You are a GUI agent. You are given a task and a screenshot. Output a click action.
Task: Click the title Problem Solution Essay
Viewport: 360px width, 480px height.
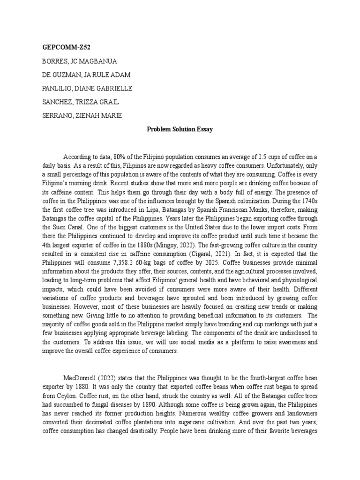coord(180,129)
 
